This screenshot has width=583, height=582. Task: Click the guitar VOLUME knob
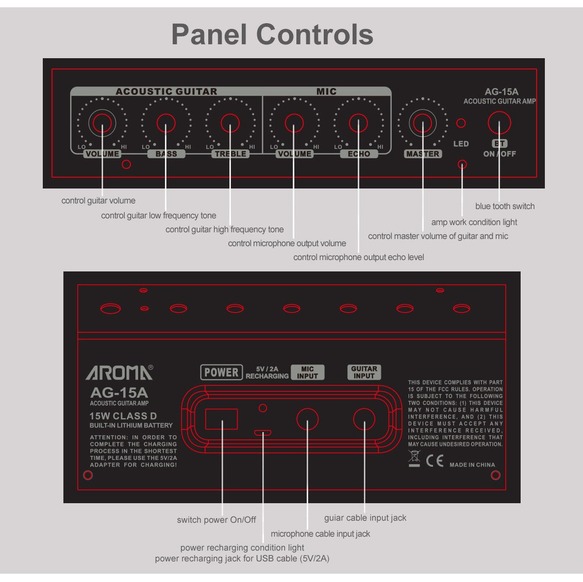102,123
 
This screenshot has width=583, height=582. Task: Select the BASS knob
166,123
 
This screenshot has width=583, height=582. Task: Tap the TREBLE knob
230,123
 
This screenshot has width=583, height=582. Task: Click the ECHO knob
358,123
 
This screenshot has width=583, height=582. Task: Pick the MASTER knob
422,123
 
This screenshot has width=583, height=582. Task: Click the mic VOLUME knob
294,123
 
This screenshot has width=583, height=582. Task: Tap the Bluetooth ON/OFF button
499,123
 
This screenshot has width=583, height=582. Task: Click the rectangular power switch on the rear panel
222,419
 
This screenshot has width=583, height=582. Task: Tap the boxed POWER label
221,372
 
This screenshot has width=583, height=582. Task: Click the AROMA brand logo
119,372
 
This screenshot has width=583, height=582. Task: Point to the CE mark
435,460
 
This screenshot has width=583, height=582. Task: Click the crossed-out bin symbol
414,458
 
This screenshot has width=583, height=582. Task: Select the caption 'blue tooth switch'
505,206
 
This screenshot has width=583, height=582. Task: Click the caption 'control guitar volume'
98,200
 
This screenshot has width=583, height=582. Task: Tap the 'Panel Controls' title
272,35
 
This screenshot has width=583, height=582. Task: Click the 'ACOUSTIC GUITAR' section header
166,92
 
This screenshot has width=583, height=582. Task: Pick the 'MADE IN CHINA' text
472,465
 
